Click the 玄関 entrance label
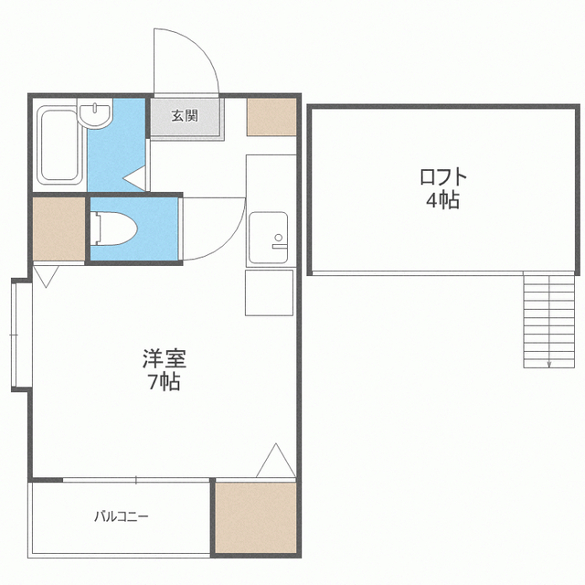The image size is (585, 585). [186, 116]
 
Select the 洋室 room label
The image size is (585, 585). [165, 357]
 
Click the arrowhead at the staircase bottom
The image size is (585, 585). [548, 363]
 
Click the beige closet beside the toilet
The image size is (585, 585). [58, 229]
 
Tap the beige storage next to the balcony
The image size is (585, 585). [256, 517]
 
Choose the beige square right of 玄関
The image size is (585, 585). [271, 115]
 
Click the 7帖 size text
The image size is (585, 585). [165, 382]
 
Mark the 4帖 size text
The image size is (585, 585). [442, 201]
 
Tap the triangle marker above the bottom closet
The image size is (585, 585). [275, 462]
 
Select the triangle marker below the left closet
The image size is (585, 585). [45, 275]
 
